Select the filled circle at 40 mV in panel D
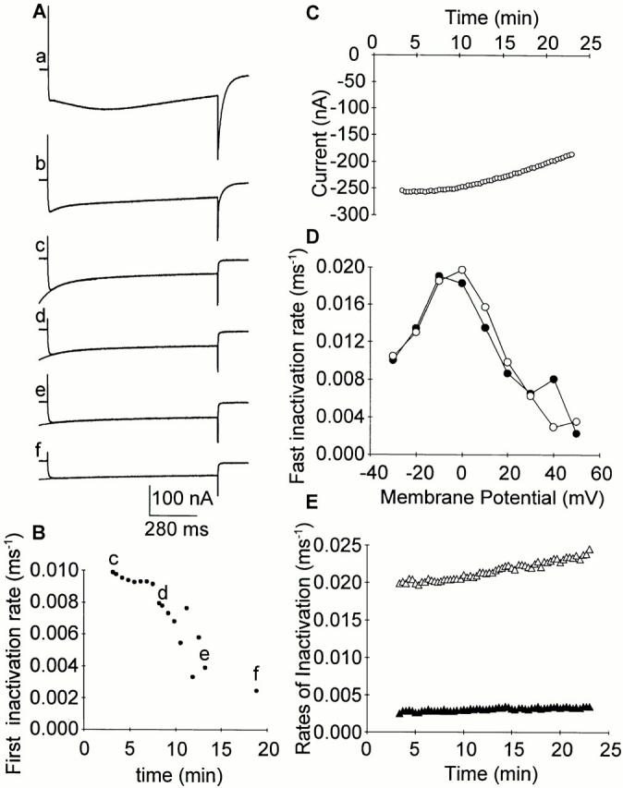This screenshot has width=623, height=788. [555, 379]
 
